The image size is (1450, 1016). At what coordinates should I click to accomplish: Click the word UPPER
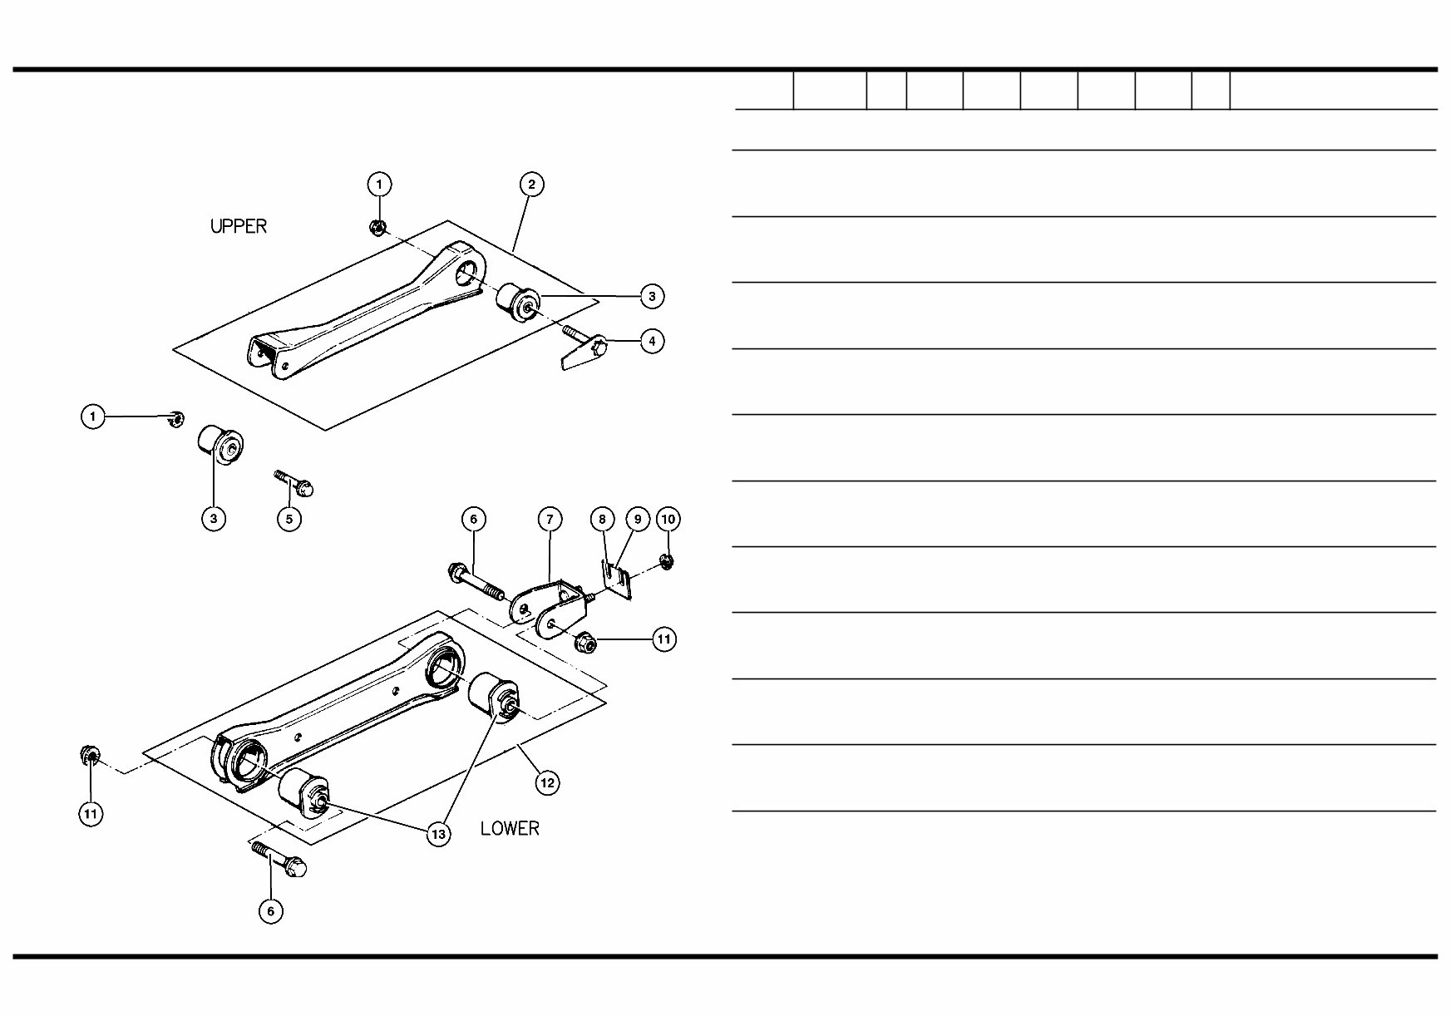point(239,226)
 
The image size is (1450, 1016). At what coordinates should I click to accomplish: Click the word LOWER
point(510,828)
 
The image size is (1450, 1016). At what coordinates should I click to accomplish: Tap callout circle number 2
point(531,185)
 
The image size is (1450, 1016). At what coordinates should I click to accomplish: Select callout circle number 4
point(652,341)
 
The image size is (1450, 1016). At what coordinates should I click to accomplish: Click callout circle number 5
point(289,519)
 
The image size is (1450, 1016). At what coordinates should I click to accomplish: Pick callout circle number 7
point(550,520)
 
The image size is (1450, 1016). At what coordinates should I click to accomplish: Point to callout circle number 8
point(602,520)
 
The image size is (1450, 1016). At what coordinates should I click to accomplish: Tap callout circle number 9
point(637,520)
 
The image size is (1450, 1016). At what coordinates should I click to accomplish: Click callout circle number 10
point(668,520)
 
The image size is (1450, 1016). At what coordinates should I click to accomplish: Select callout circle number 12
point(546,782)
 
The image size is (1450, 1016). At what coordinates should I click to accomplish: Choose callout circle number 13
point(438,834)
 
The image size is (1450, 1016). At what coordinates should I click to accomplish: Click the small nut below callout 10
point(667,562)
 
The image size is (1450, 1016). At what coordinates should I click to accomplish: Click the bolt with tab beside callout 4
point(584,348)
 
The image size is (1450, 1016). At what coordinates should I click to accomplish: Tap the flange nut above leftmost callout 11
point(91,756)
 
